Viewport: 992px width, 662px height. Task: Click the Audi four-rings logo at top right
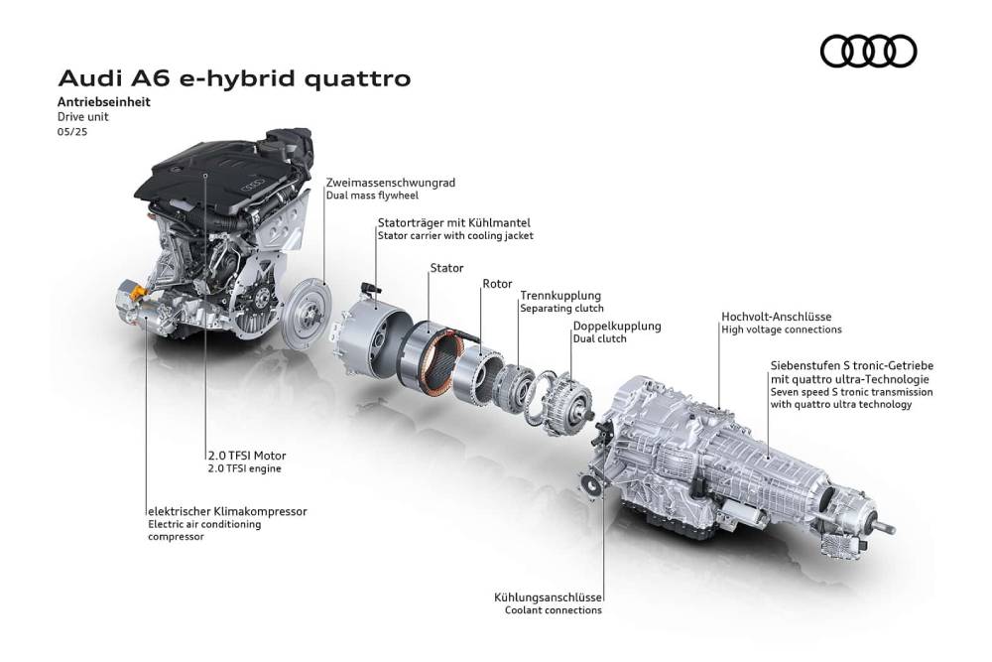pyautogui.click(x=868, y=52)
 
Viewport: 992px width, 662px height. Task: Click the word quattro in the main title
pyautogui.click(x=357, y=78)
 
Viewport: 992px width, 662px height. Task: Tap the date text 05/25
pyautogui.click(x=72, y=132)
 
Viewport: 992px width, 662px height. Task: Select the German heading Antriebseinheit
pyautogui.click(x=104, y=102)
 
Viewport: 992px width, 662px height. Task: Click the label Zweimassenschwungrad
pyautogui.click(x=390, y=183)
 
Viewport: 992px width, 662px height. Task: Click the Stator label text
pyautogui.click(x=446, y=268)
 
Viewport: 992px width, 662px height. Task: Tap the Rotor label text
pyautogui.click(x=497, y=284)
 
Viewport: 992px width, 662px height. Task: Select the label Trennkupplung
pyautogui.click(x=560, y=296)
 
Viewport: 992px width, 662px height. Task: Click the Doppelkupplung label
pyautogui.click(x=617, y=326)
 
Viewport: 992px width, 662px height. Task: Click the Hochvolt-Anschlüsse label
pyautogui.click(x=777, y=317)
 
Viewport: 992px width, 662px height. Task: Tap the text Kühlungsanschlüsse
pyautogui.click(x=548, y=597)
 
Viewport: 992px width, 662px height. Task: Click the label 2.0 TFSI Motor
pyautogui.click(x=247, y=456)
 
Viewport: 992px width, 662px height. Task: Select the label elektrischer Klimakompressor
pyautogui.click(x=227, y=511)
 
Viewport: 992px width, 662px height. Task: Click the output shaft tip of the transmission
pyautogui.click(x=889, y=528)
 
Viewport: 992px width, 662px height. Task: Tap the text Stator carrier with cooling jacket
pyautogui.click(x=455, y=236)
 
